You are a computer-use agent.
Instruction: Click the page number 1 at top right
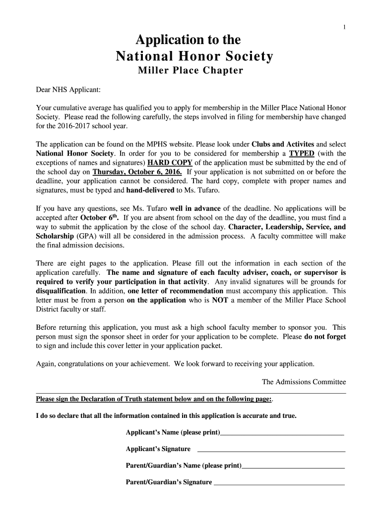(x=344, y=27)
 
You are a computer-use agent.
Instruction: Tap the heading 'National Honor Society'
(x=194, y=56)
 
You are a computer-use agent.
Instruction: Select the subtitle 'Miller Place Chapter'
(x=190, y=71)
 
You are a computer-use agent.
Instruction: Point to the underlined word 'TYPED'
(x=302, y=153)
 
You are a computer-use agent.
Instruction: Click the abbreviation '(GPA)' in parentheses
(x=86, y=236)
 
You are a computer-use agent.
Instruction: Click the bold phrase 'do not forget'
(x=325, y=336)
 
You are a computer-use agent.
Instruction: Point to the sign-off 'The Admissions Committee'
(x=304, y=382)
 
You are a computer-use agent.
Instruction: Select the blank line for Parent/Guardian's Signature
(x=279, y=483)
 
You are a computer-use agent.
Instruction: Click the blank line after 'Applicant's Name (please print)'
(x=282, y=433)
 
